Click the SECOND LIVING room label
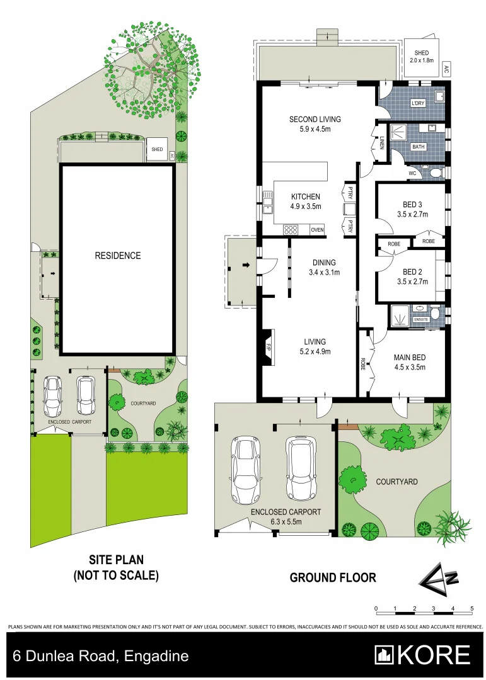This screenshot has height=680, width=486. [315, 124]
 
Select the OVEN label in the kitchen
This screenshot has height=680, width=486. [317, 230]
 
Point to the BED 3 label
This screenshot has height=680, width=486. [413, 209]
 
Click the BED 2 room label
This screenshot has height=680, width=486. [413, 276]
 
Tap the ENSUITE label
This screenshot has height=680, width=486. [421, 320]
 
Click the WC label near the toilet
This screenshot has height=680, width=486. [413, 173]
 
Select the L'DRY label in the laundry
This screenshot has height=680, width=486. [417, 103]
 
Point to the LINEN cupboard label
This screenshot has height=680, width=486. [382, 144]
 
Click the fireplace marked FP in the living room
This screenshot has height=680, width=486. [267, 347]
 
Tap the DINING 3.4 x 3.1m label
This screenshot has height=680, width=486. [324, 268]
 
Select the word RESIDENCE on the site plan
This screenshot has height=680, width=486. [118, 256]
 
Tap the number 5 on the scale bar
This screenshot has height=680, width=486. [472, 609]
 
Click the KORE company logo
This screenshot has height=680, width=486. [422, 655]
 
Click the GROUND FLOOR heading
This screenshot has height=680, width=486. [333, 577]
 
